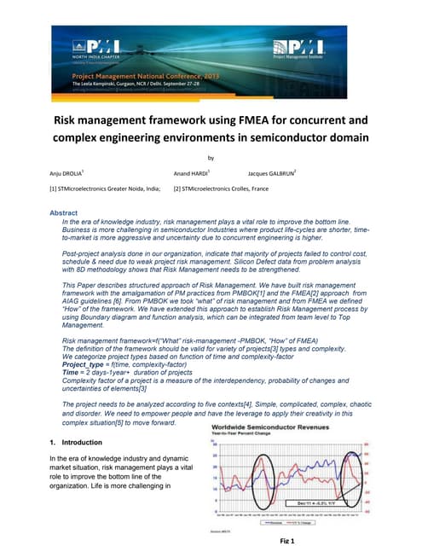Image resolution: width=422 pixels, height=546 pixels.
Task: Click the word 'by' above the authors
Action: [211, 157]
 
